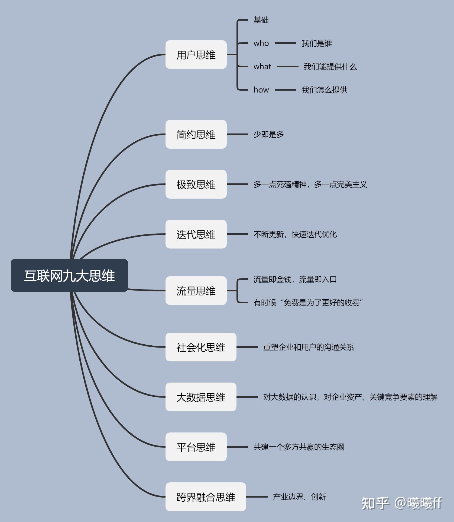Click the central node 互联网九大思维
[69, 275]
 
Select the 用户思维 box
[196, 55]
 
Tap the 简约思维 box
[196, 134]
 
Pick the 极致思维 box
[196, 184]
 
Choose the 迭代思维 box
[196, 234]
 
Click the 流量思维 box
[196, 291]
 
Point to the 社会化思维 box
[201, 347]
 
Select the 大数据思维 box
[201, 397]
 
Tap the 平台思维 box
[196, 447]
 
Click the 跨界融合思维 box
[206, 497]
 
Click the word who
[261, 43]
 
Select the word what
[262, 66]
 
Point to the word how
[261, 90]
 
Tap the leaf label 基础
[261, 20]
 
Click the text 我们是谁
[317, 43]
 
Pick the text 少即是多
[269, 134]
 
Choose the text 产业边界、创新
[300, 497]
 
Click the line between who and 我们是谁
[285, 43]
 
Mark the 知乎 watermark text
[375, 503]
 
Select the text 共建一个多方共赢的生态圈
[299, 447]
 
